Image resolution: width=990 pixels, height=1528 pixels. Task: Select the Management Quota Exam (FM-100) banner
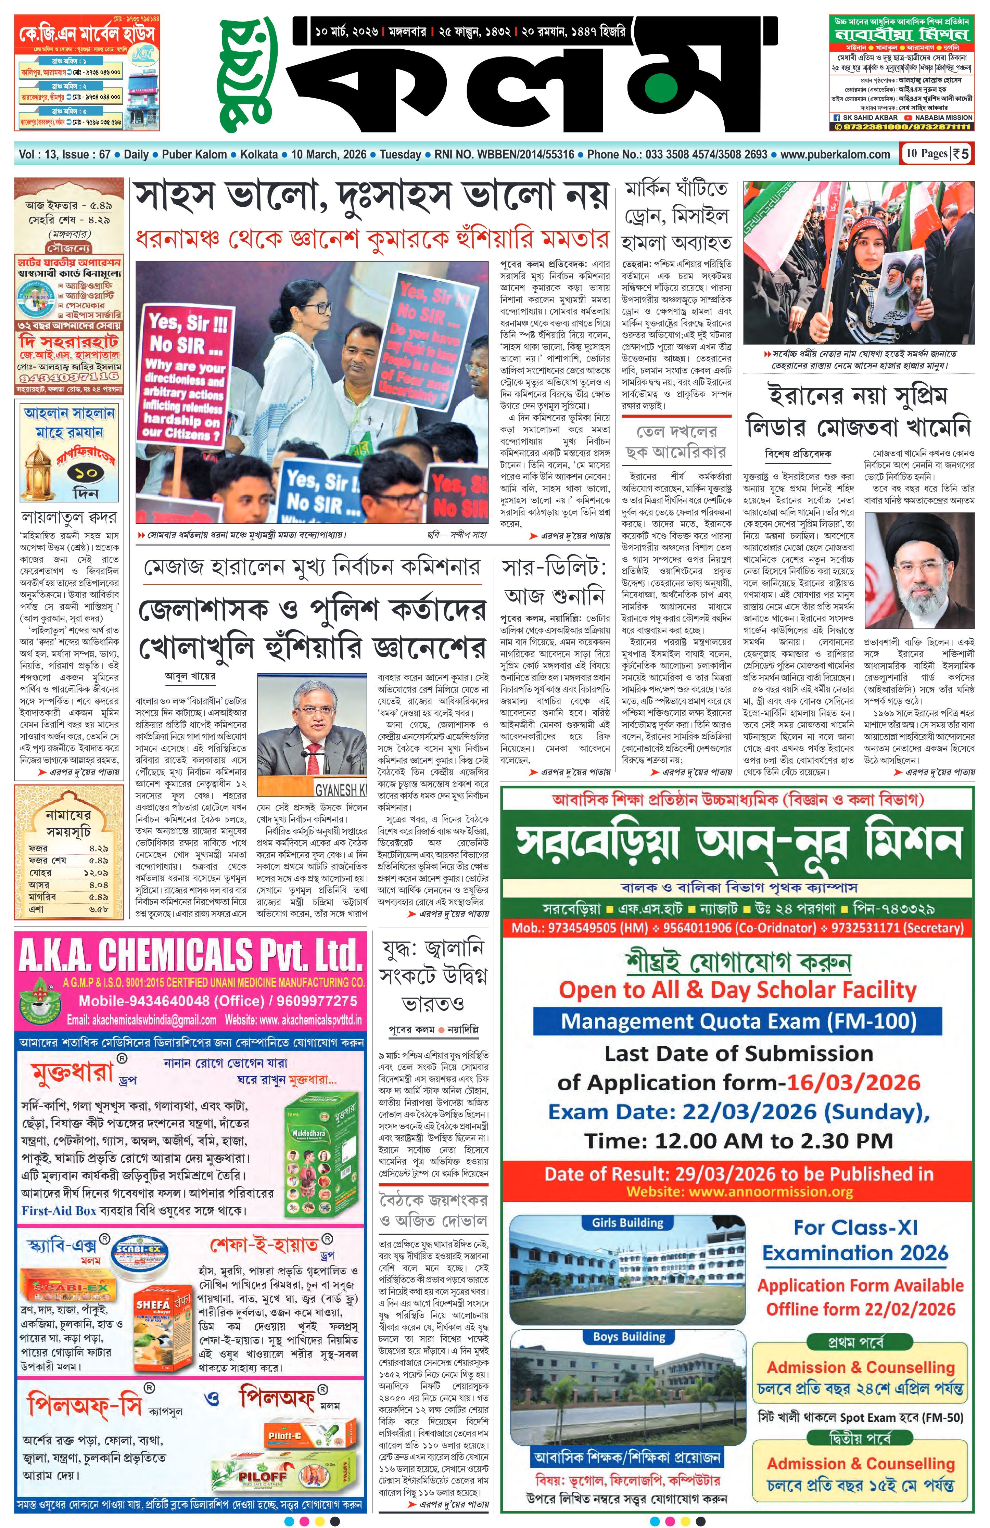coord(738,1021)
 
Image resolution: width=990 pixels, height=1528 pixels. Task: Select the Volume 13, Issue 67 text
coord(65,154)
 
